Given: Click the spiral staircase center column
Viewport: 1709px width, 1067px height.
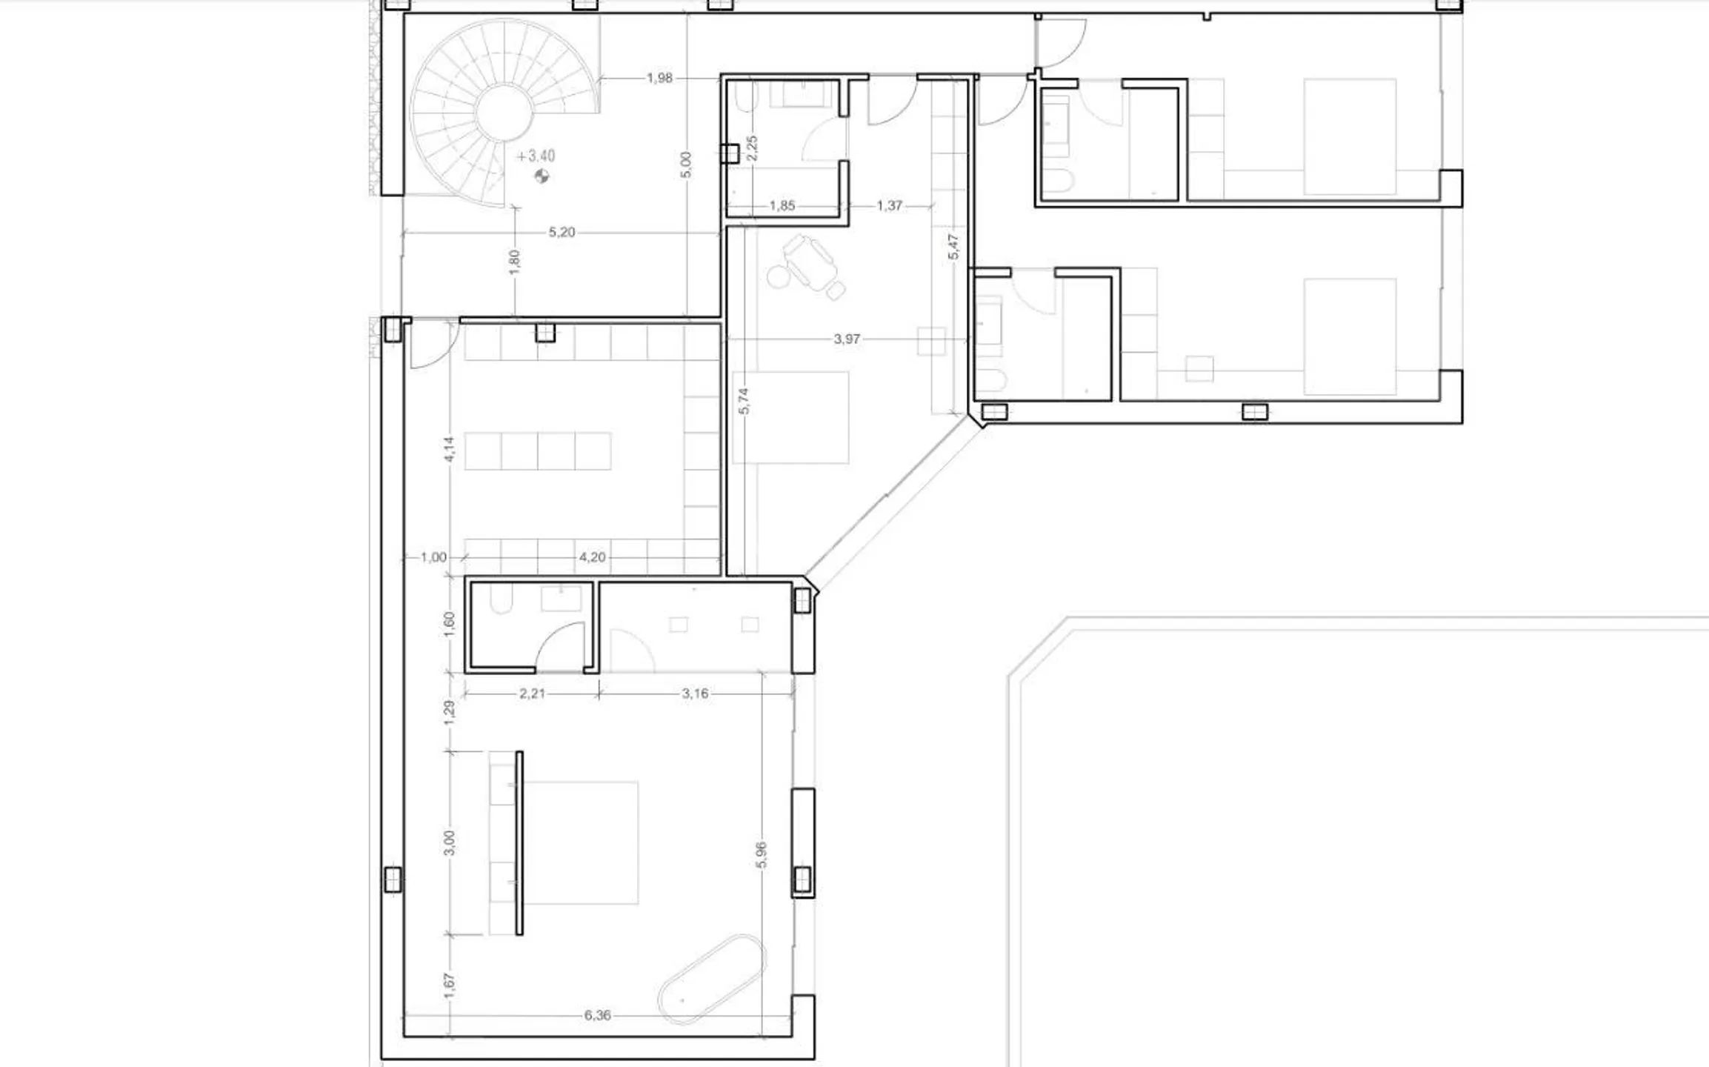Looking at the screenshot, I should [x=504, y=114].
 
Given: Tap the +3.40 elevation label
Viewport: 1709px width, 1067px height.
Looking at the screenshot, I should [x=536, y=156].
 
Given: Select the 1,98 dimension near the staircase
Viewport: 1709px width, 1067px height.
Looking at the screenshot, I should [x=659, y=78].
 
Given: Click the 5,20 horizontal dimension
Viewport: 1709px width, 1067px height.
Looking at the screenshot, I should [x=562, y=233].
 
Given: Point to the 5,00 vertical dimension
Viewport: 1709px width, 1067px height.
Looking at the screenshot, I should [x=685, y=164].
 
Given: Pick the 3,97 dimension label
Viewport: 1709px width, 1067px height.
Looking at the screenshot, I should [x=847, y=339].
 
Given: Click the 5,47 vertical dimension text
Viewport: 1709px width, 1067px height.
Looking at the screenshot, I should [x=953, y=247].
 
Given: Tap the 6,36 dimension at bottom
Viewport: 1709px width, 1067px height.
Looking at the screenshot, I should [x=597, y=1015].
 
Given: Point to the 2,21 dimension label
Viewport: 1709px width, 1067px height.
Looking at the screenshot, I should [x=532, y=694].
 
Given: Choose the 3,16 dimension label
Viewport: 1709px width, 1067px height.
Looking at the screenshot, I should [x=695, y=694].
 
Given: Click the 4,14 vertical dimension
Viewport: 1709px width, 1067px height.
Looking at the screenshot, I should [x=449, y=449].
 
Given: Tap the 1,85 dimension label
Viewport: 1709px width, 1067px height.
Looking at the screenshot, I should [x=782, y=206].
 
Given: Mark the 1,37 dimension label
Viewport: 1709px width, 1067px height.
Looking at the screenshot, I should [x=890, y=206].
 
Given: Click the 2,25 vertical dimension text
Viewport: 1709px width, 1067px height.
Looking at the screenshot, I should [x=752, y=147].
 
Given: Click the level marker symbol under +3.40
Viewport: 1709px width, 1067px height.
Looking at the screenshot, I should [x=542, y=176].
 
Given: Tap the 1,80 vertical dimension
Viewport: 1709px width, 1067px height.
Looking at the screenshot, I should [x=515, y=262].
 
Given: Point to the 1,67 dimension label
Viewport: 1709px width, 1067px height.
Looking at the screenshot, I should [x=449, y=985].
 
